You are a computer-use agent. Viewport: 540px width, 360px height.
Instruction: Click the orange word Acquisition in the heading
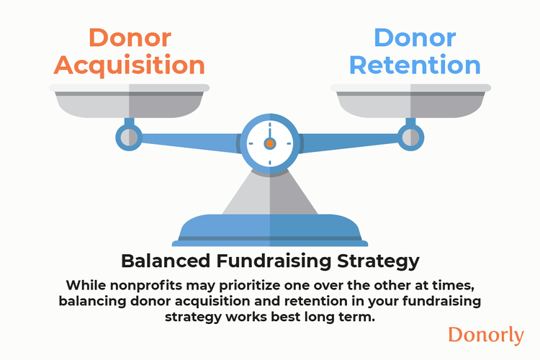[x=129, y=65]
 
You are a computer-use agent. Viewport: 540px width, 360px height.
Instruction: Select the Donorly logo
[x=485, y=335]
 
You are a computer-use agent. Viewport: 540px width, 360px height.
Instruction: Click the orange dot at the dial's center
[x=270, y=143]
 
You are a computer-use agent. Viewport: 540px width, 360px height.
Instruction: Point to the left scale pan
[x=129, y=101]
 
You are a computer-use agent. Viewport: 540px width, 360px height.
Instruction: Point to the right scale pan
[x=411, y=101]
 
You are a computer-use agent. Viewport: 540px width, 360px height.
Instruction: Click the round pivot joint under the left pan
[x=129, y=135]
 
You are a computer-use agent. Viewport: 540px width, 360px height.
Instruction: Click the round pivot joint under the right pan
[x=411, y=135]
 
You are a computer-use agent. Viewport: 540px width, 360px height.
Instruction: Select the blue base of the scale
[x=270, y=231]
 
